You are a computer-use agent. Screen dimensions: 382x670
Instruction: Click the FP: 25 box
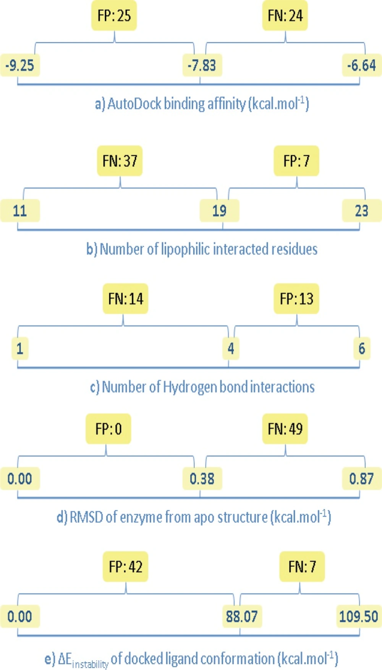point(114,16)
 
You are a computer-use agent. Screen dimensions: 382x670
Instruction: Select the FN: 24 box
point(285,16)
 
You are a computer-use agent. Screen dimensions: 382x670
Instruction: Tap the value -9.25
point(20,65)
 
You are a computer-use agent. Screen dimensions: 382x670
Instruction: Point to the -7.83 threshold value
point(202,65)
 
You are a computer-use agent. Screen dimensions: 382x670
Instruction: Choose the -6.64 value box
point(362,65)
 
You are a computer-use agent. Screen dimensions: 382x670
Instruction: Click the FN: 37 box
point(120,161)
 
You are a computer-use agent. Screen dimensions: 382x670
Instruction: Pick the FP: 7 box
point(296,161)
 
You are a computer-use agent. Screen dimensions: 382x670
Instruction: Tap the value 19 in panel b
point(219,211)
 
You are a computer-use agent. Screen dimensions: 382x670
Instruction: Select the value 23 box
point(362,211)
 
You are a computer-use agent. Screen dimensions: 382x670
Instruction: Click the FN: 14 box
point(125,299)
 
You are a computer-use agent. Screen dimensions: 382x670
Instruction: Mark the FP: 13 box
point(296,299)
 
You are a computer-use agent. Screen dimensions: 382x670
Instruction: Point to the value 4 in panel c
point(231,349)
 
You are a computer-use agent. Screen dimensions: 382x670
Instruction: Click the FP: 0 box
point(108,429)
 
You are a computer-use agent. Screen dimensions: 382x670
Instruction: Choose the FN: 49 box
point(285,429)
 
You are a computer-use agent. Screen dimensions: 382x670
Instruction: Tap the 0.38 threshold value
point(202,479)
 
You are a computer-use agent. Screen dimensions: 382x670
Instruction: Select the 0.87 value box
point(362,479)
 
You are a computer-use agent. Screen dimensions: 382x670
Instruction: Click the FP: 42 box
point(125,567)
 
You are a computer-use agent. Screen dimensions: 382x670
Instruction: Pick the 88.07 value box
point(242,616)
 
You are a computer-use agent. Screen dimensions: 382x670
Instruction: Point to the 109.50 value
point(359,616)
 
